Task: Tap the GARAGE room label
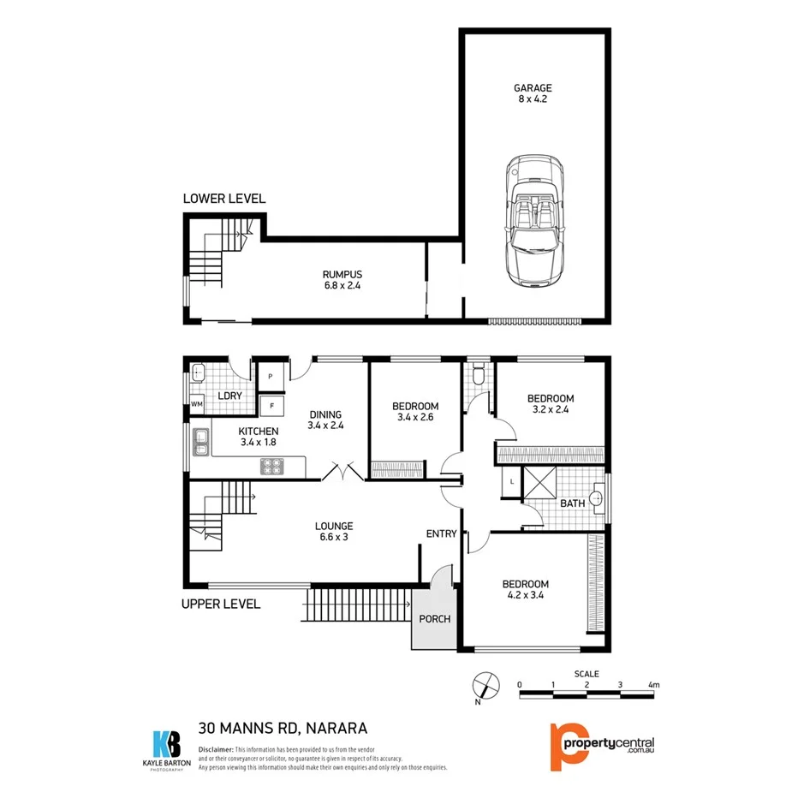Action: click(533, 87)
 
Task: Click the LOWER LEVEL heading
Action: click(224, 199)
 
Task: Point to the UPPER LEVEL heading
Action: click(221, 604)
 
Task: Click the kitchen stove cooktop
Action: click(272, 467)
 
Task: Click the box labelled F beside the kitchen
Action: click(271, 405)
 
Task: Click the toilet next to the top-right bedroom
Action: click(479, 373)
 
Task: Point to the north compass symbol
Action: click(484, 687)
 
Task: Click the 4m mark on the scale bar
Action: click(654, 685)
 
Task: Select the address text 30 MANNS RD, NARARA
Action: click(283, 729)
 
